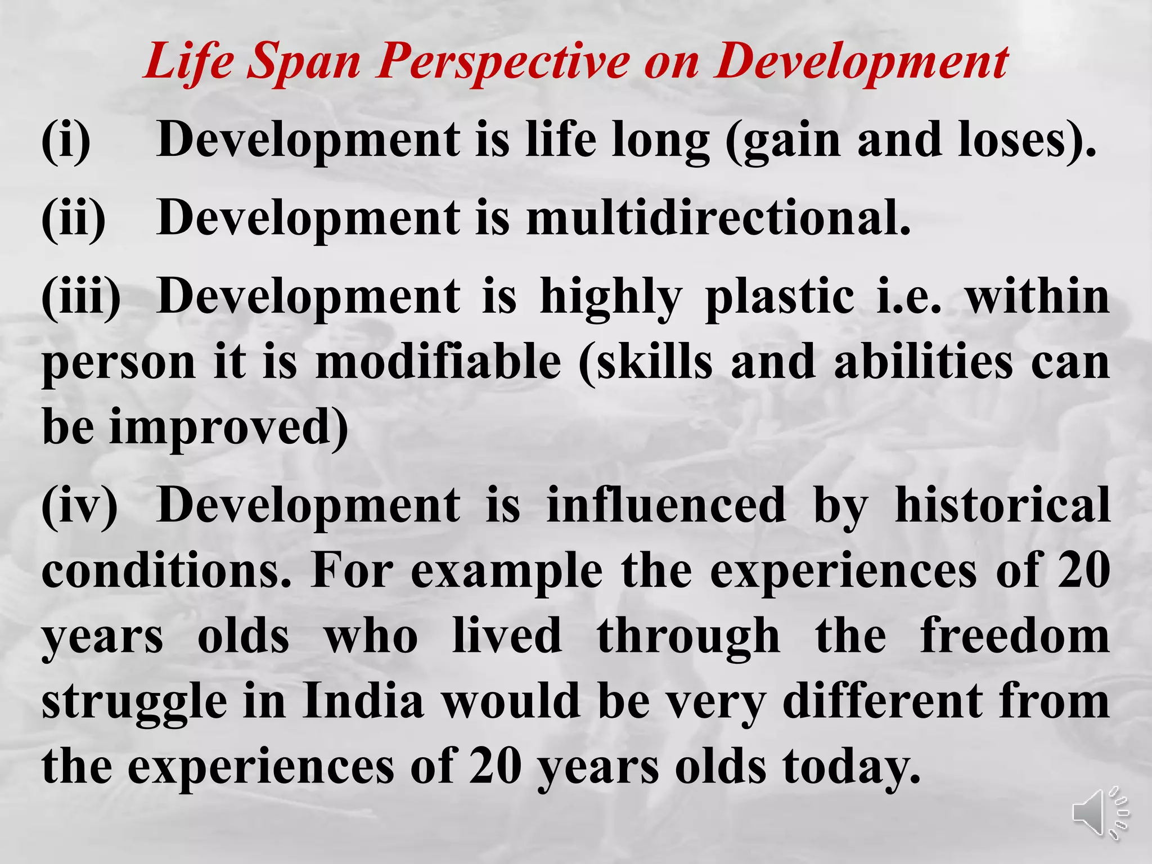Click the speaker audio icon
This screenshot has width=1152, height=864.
(1100, 814)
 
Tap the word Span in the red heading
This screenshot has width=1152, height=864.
(304, 61)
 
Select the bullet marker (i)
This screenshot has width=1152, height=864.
(66, 141)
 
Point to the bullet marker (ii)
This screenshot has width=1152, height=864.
(73, 219)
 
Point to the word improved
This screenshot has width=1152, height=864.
(228, 427)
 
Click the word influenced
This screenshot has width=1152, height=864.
(666, 505)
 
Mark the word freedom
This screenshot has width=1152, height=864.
(1015, 636)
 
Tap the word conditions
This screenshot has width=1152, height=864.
(166, 570)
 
